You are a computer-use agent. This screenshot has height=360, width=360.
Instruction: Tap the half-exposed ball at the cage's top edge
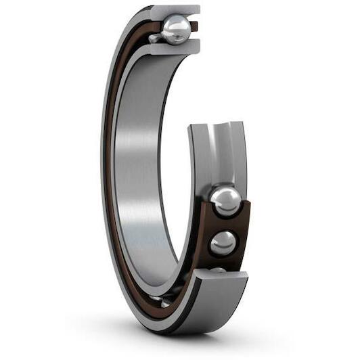225,201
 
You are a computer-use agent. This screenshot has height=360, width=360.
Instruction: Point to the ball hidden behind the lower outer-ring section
218,270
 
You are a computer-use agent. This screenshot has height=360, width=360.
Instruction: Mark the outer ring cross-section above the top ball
175,10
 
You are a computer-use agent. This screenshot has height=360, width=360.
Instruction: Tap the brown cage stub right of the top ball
194,26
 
